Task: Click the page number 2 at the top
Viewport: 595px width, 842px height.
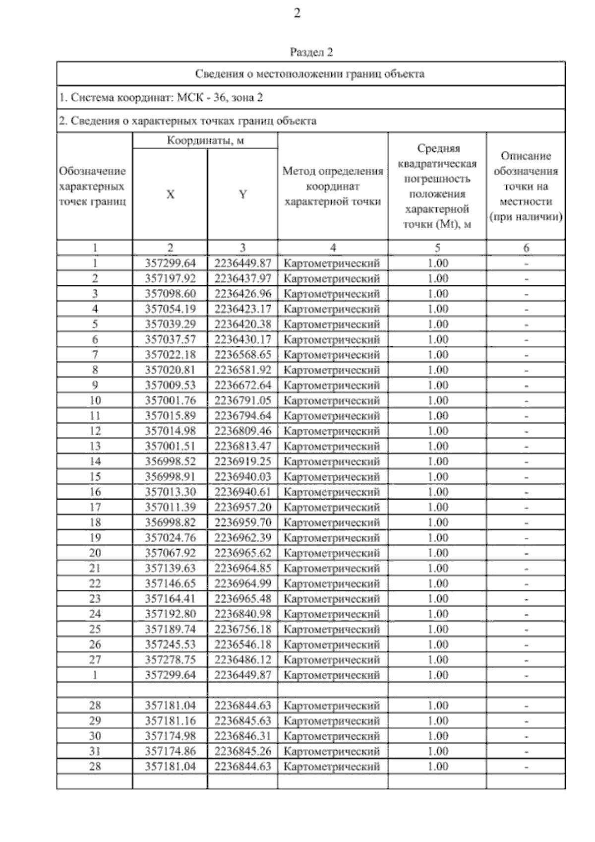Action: point(297,13)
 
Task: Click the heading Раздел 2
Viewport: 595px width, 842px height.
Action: point(311,52)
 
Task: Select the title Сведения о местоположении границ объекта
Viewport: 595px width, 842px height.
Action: point(310,74)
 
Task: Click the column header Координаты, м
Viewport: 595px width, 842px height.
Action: point(205,140)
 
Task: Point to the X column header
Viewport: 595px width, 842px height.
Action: point(170,194)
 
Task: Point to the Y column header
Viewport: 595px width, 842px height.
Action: point(242,194)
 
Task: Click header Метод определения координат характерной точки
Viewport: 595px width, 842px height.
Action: point(333,187)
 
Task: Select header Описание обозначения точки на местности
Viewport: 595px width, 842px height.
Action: point(526,187)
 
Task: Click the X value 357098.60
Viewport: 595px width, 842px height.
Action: point(170,294)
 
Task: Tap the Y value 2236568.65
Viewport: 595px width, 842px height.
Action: point(242,355)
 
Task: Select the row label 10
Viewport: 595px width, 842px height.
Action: point(95,400)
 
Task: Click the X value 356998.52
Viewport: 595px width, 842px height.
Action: point(170,461)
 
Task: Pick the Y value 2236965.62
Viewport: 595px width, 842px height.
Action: point(242,553)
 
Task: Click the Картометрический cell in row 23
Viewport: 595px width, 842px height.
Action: point(332,599)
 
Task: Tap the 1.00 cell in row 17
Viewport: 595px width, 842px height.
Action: point(437,507)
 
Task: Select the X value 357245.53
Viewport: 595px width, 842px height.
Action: point(170,645)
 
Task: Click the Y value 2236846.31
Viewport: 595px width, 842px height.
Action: point(242,736)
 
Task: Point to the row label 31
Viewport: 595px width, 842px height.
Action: point(95,751)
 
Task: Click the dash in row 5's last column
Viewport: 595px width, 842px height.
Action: point(526,325)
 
